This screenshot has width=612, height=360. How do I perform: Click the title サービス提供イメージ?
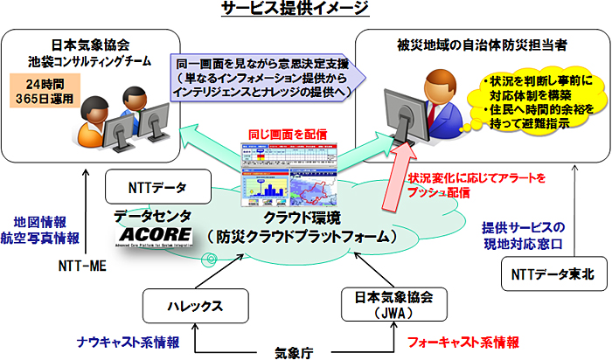[x=305, y=10]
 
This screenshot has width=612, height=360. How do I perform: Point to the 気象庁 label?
[x=296, y=351]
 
